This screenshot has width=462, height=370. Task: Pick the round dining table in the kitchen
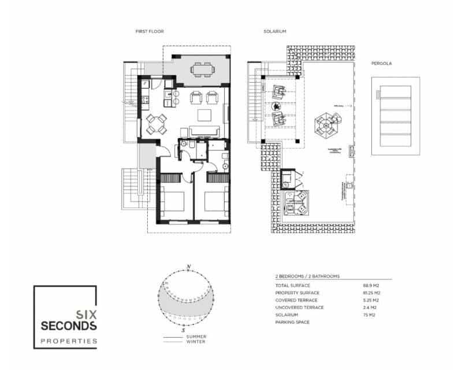[157, 122]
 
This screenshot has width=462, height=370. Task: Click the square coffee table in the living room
[204, 113]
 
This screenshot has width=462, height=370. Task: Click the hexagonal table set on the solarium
[326, 124]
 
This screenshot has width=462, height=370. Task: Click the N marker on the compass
[188, 267]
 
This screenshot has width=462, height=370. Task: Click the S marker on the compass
[188, 331]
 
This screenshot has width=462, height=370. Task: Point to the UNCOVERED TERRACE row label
[300, 308]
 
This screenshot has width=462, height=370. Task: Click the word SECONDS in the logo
[69, 326]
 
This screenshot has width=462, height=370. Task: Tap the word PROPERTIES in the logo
[69, 341]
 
